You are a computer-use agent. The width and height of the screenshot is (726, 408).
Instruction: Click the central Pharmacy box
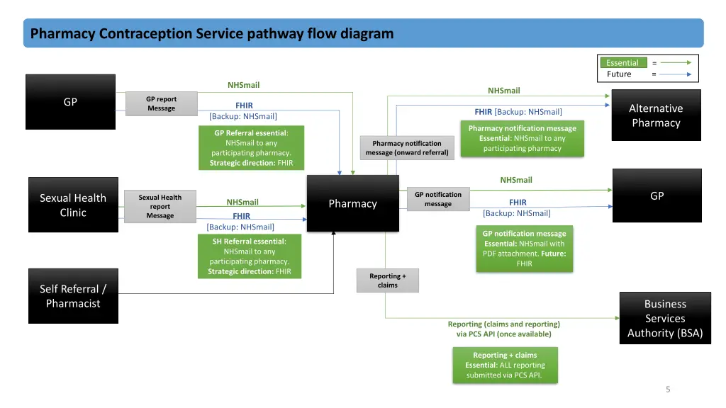point(352,203)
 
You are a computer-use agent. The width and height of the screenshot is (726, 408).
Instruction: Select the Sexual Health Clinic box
point(73,205)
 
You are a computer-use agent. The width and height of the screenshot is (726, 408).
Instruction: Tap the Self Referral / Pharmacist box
point(73,296)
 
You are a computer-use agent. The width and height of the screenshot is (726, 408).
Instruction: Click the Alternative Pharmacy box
point(656,115)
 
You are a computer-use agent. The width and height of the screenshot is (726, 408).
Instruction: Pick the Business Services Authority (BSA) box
point(664,318)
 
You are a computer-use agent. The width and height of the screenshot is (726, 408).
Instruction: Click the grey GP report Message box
point(161,103)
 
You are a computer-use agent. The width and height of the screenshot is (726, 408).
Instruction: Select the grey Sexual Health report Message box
point(160,206)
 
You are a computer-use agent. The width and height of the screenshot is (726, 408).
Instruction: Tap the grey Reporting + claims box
point(388,280)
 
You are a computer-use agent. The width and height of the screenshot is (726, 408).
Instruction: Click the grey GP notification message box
point(437,199)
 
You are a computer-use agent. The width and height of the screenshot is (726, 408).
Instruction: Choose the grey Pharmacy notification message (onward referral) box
point(407,148)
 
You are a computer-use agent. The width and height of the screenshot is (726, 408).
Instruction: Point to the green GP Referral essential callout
point(251,148)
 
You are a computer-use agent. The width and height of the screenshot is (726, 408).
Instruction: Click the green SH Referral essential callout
point(250,256)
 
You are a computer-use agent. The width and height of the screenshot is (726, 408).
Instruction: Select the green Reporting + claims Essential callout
point(505,365)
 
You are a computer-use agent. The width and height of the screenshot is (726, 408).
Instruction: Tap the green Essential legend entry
point(622,63)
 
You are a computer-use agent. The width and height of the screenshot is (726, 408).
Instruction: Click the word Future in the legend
point(619,74)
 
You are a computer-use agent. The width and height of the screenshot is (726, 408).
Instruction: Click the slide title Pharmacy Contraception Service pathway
point(212,33)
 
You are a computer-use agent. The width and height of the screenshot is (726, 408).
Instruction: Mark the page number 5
point(668,389)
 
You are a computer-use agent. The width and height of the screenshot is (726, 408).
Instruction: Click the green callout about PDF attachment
point(524,249)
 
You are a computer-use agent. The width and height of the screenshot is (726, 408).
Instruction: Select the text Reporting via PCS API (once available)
point(503,329)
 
